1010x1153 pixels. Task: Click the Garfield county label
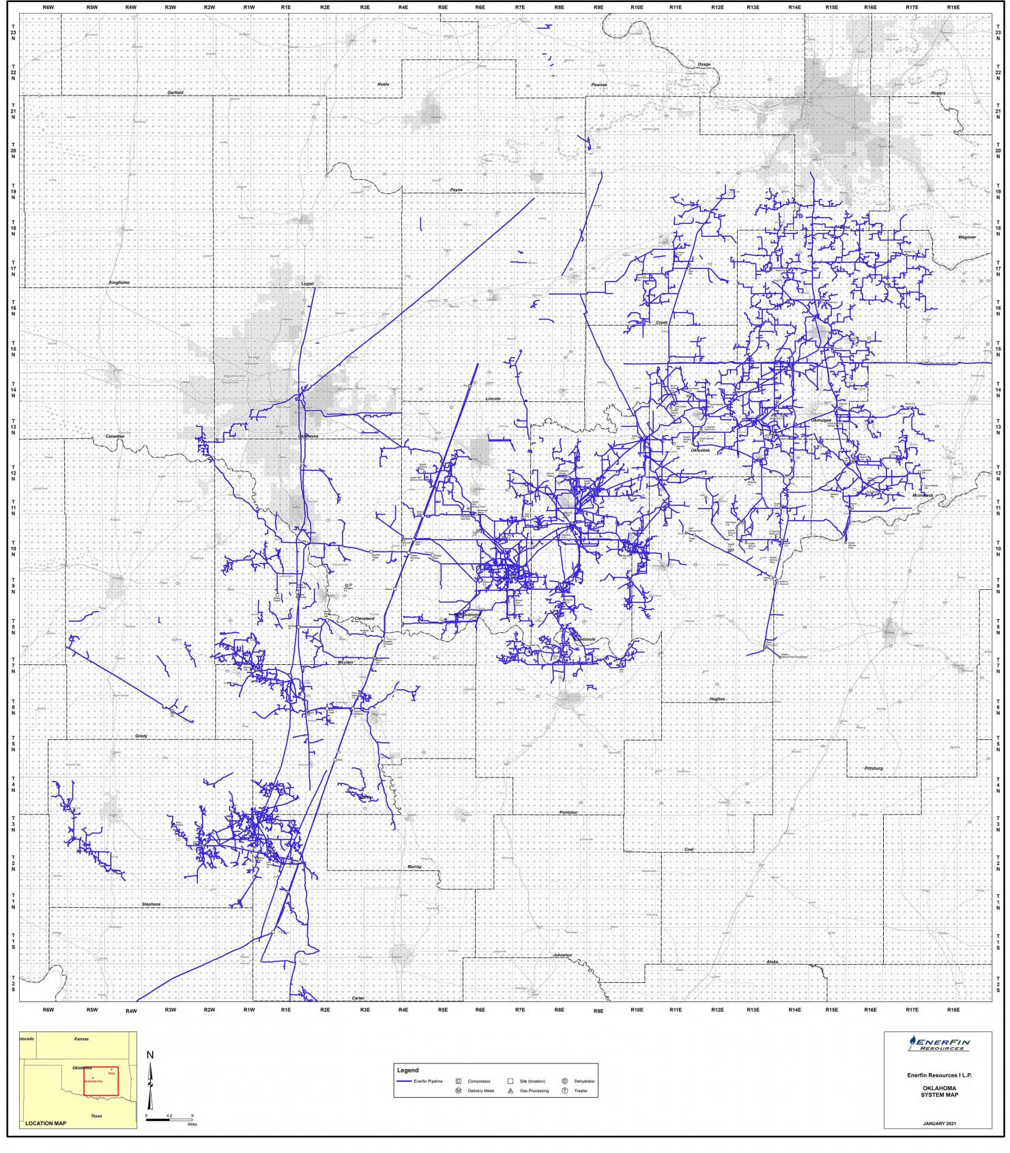click(x=176, y=92)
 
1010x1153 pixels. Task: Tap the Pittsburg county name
click(x=874, y=768)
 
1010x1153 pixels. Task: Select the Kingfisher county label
click(x=119, y=282)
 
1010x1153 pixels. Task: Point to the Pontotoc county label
click(x=568, y=812)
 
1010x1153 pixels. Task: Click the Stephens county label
click(x=151, y=904)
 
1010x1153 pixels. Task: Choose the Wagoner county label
click(x=967, y=237)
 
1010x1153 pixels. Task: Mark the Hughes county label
click(x=717, y=699)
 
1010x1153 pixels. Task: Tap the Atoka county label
click(x=772, y=962)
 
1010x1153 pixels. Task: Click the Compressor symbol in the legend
click(x=459, y=1081)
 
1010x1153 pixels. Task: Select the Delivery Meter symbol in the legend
click(x=459, y=1091)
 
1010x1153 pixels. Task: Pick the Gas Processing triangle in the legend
click(x=510, y=1091)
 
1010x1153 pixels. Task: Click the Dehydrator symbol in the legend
click(x=565, y=1081)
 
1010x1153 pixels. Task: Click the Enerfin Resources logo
click(x=938, y=1044)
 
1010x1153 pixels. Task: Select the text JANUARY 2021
click(x=938, y=1123)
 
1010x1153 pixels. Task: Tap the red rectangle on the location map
click(x=101, y=1081)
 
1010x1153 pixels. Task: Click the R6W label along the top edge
click(x=48, y=7)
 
